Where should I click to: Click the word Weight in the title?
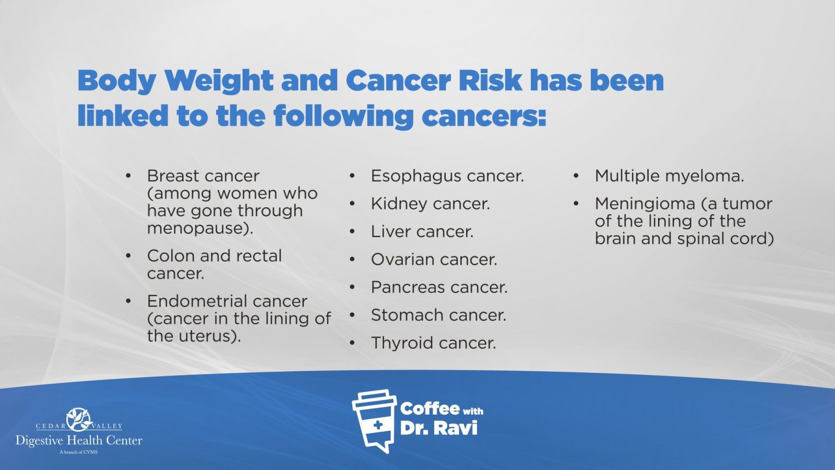click(219, 81)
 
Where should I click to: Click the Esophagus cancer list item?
click(447, 176)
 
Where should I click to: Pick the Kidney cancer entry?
click(430, 204)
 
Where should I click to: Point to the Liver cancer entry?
click(422, 232)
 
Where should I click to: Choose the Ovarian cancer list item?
click(434, 260)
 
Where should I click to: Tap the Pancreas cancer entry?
click(439, 287)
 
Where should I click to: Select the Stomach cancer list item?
click(438, 315)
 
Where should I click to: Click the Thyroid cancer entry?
click(433, 343)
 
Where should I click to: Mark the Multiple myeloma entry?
click(669, 176)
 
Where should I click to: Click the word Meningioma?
click(645, 204)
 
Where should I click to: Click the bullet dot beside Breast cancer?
click(128, 175)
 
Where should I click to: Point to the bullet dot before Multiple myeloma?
click(576, 175)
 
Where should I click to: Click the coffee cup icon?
click(374, 421)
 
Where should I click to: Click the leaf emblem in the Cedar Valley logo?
click(79, 419)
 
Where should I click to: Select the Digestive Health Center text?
click(79, 441)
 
